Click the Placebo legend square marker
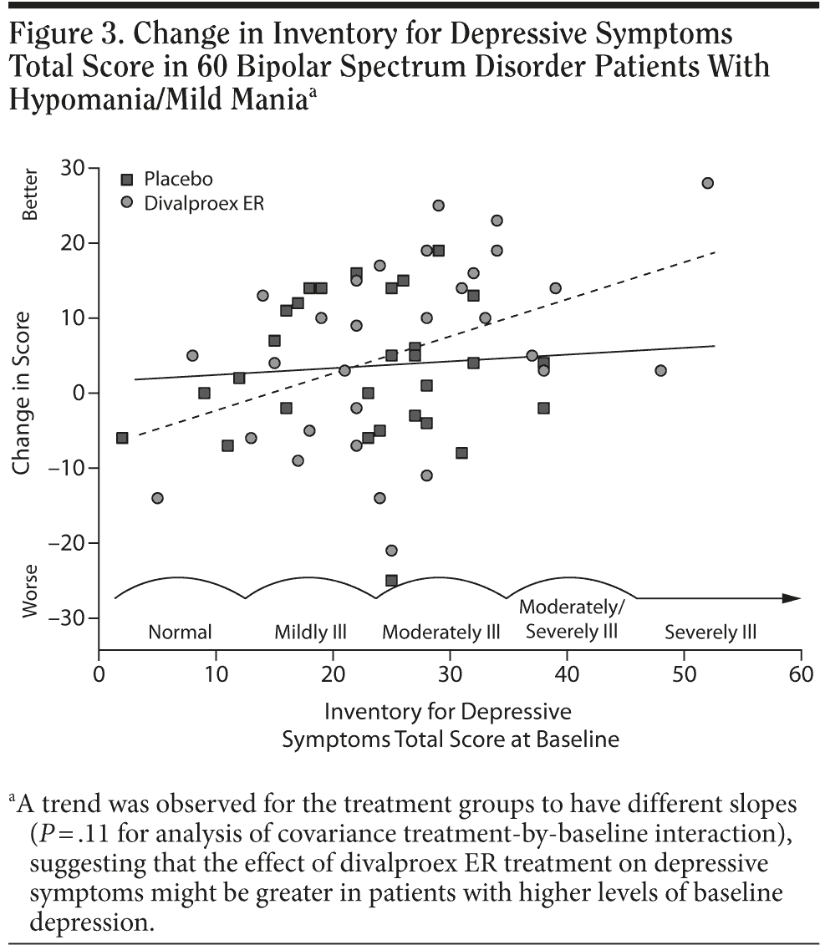(x=127, y=179)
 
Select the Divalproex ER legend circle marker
(x=127, y=202)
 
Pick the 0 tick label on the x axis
(x=99, y=673)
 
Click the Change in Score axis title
(x=22, y=393)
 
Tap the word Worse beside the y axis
(x=31, y=596)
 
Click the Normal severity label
(x=180, y=633)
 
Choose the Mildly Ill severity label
(x=310, y=633)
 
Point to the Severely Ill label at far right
(x=710, y=633)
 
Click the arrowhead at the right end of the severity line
(x=792, y=598)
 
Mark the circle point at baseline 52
(x=707, y=183)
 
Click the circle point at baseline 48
(x=660, y=370)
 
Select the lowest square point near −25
(x=391, y=580)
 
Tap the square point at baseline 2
(x=122, y=438)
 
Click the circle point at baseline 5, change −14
(x=157, y=498)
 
